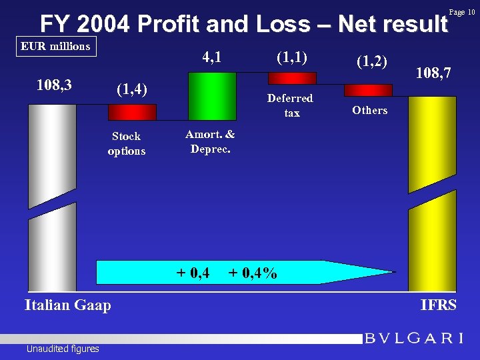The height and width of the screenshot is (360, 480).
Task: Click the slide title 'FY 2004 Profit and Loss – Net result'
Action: coord(243,25)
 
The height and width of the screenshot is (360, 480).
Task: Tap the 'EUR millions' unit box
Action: coord(55,47)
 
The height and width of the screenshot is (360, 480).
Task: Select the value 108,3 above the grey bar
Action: coord(54,85)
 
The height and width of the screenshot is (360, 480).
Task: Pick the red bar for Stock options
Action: coord(132,111)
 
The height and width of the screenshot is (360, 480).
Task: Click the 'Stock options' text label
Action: coord(126,143)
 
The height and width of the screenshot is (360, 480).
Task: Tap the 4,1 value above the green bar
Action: coord(211,58)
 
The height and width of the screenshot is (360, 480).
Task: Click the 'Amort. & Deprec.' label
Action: coord(210,141)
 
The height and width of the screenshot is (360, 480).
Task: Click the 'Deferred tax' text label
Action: coord(290,105)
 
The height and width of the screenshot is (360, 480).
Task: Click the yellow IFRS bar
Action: coord(432,193)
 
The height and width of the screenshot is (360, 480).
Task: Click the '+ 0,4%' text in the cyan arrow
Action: coord(253,273)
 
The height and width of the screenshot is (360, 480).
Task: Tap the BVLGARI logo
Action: coord(413,338)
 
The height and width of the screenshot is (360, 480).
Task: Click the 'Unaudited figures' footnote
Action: coord(63,349)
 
